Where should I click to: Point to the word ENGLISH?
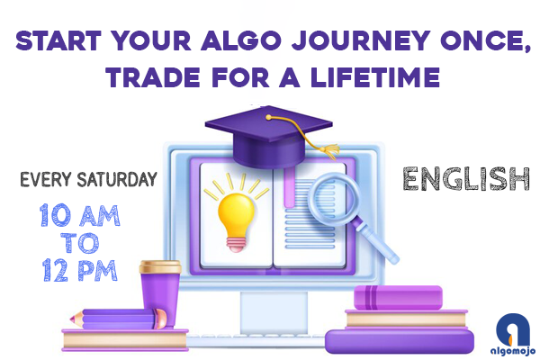pos(465,179)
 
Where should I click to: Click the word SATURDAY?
pos(114,180)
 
